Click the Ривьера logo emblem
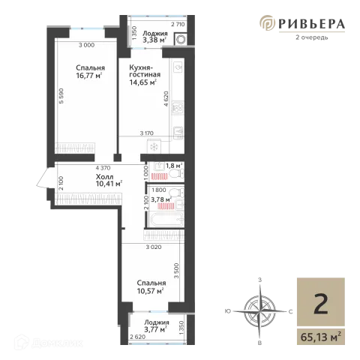point(267,22)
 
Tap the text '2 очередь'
point(311,37)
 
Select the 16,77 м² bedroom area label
point(89,76)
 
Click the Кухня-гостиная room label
point(145,71)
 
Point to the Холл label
point(104,177)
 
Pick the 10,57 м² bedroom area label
point(150,291)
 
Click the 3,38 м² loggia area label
point(154,40)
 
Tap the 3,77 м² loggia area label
point(155,329)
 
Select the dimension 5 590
point(61,96)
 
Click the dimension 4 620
point(166,99)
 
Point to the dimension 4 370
point(103,168)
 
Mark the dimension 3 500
point(176,271)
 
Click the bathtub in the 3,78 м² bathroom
point(166,220)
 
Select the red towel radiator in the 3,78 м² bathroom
point(166,206)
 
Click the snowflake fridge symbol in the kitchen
point(154,147)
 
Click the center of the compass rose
point(260,311)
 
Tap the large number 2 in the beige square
point(321,304)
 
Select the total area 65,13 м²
point(321,337)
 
